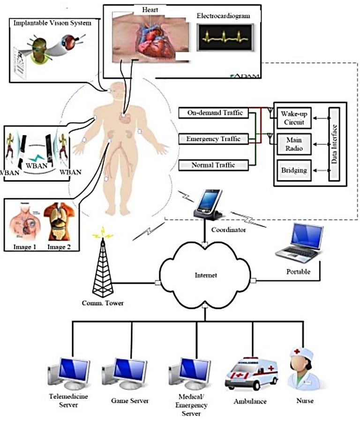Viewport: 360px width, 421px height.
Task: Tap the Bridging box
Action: coord(294,170)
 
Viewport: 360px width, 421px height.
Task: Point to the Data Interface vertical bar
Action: coord(335,144)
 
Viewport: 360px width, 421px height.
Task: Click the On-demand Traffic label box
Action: coord(213,113)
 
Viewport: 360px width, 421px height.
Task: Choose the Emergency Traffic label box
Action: coord(213,139)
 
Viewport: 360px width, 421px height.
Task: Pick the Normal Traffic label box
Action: coord(213,165)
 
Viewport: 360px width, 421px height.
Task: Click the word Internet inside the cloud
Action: coord(206,276)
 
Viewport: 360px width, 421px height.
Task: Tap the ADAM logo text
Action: coord(243,75)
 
